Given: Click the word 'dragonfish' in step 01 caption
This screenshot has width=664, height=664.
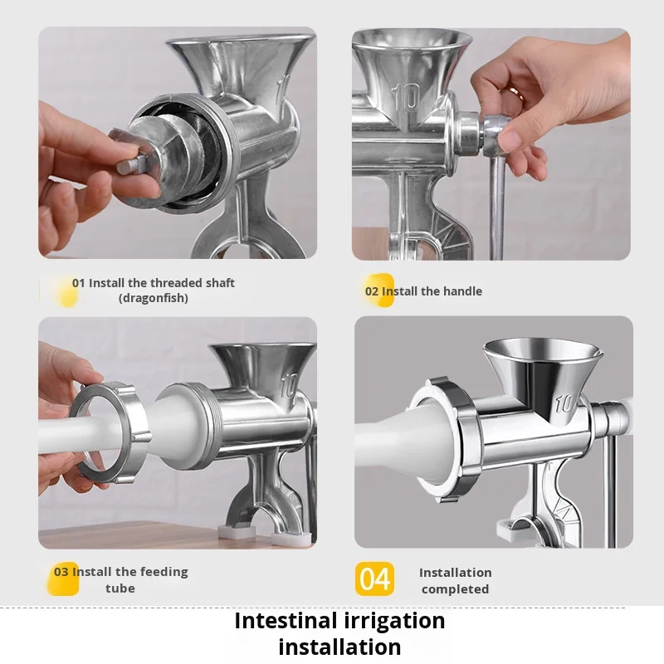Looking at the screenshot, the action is (154, 298).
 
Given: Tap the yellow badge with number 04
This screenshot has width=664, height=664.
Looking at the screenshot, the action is (374, 579).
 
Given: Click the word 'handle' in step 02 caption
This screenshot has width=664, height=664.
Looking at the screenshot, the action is (463, 291).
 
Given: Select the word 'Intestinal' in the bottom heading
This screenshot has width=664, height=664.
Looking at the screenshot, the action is (286, 621).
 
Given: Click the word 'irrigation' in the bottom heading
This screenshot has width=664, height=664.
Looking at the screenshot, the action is (394, 622).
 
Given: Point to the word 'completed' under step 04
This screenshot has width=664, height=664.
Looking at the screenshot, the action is (455, 589).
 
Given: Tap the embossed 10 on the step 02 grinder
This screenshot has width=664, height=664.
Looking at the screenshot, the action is (405, 97).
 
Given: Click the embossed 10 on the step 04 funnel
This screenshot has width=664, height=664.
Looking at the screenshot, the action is (564, 403).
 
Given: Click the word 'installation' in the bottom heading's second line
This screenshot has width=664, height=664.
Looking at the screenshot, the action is (339, 647).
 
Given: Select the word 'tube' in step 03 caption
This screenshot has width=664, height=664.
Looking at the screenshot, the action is (120, 588).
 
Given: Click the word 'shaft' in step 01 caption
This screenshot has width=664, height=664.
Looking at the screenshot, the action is (222, 283).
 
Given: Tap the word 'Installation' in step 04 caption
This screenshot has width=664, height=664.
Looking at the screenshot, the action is (455, 573).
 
